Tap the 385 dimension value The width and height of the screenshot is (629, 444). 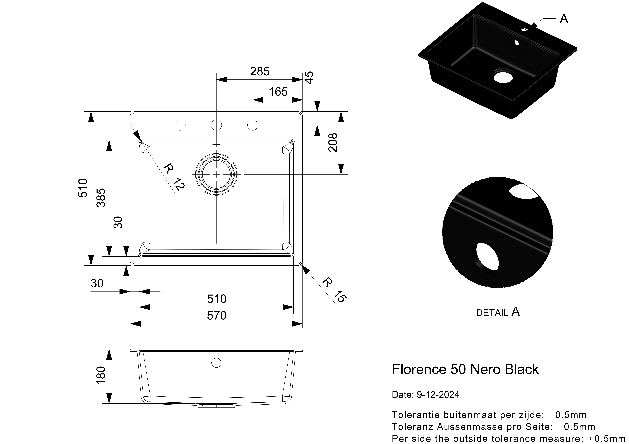(101, 198)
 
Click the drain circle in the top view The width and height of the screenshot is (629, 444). (216, 174)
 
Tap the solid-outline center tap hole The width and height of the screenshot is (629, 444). (216, 125)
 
